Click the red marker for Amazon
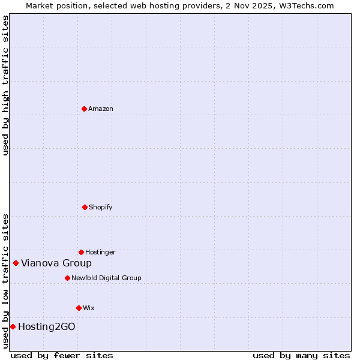(84, 109)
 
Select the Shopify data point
(85, 207)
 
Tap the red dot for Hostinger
(81, 252)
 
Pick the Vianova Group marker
(16, 263)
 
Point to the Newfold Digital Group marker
(67, 278)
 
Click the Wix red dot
(79, 308)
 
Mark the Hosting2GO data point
(13, 326)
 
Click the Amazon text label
(101, 109)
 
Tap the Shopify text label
(101, 207)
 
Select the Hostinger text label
(100, 252)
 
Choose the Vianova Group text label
(56, 263)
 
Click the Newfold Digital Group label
(106, 278)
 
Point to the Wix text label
(89, 308)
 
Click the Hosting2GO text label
(47, 326)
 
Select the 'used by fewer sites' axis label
(62, 355)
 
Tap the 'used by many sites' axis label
(301, 355)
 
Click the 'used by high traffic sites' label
(5, 85)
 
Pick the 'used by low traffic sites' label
(5, 281)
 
